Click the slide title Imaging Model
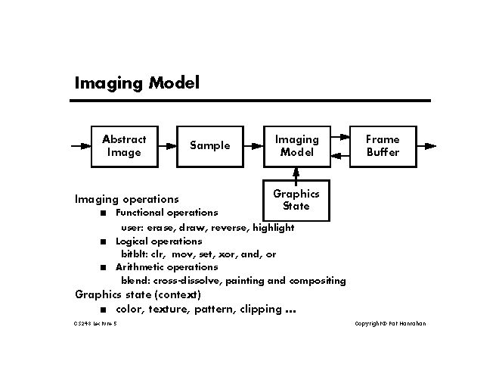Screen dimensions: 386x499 136,82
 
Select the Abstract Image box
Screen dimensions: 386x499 124,145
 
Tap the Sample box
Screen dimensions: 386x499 209,145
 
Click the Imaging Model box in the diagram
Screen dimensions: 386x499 296,145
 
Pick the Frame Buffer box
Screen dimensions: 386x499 383,145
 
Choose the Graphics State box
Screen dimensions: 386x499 296,199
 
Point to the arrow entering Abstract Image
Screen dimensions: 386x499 80,145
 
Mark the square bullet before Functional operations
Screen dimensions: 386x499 101,213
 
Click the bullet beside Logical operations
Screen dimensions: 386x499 101,241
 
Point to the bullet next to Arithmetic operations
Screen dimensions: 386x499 101,267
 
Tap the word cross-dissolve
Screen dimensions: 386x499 188,281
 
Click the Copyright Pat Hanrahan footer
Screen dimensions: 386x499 390,324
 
